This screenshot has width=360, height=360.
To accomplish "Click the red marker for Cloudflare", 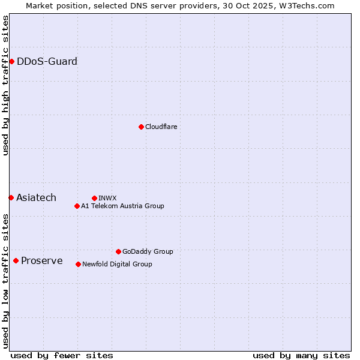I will [141, 127].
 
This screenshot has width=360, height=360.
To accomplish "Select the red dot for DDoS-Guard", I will [11, 61].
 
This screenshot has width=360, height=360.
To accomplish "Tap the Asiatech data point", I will [11, 197].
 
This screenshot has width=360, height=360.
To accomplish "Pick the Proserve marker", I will [16, 260].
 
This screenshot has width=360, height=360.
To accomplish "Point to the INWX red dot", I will [94, 198].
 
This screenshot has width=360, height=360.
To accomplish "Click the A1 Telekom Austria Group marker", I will [77, 206].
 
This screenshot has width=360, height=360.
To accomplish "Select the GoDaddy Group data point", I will [118, 251].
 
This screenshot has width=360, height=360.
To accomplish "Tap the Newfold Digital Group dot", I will [78, 264].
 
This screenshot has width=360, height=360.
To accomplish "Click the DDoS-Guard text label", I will [47, 61].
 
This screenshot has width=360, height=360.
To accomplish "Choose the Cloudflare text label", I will [161, 127].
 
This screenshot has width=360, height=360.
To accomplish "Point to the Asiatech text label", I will [36, 197].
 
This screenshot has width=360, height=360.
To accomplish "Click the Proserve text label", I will [41, 260].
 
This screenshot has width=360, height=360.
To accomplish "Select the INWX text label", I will [107, 198].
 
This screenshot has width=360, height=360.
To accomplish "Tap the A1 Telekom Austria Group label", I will [122, 206].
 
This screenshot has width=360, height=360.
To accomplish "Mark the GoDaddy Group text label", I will [148, 251].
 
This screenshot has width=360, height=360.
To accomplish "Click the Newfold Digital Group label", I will [117, 264].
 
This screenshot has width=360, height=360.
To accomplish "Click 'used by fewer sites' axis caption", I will [62, 355].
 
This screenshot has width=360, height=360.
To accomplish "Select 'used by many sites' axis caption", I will [301, 355].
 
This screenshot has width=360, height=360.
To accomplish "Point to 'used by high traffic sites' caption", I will [6, 85].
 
